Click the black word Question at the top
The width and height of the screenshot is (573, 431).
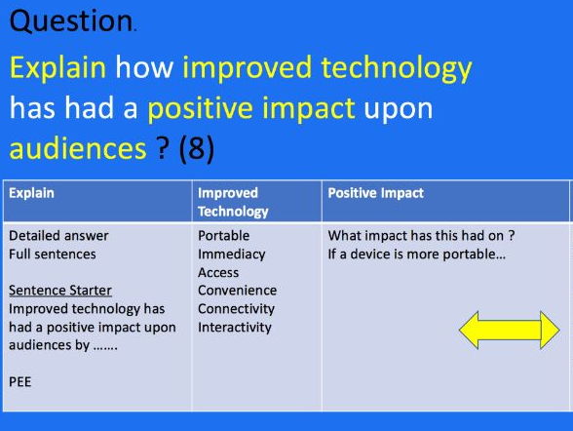(71, 21)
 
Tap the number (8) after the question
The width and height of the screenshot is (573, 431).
(197, 148)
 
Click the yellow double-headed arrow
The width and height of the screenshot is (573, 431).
(509, 330)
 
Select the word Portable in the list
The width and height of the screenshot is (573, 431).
(224, 236)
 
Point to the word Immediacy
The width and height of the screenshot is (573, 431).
(232, 255)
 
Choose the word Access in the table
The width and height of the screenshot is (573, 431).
(218, 273)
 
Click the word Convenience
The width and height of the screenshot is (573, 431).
(237, 291)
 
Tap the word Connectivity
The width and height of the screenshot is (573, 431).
(236, 309)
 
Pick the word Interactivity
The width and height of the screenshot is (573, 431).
(235, 328)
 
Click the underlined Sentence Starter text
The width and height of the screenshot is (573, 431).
(60, 291)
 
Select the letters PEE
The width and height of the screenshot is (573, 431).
(20, 382)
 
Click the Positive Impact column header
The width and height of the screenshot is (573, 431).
(376, 193)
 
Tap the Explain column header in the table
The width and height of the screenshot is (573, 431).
(31, 193)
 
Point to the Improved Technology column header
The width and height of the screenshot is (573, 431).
(233, 202)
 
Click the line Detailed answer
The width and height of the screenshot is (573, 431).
(58, 236)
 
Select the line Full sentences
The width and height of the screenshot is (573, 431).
(53, 255)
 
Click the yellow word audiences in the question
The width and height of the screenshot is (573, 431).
(78, 148)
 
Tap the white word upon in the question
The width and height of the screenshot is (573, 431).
(398, 109)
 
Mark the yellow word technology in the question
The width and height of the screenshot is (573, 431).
(397, 68)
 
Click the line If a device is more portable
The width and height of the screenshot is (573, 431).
(417, 255)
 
